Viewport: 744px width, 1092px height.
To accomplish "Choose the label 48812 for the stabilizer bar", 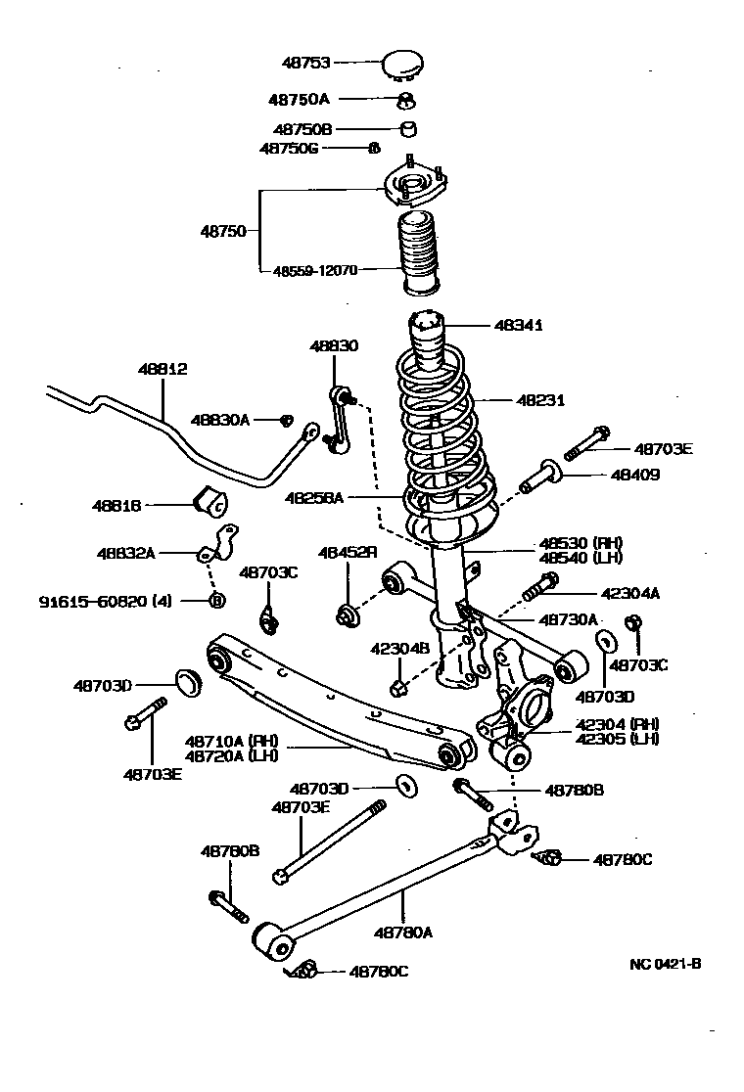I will tap(162, 369).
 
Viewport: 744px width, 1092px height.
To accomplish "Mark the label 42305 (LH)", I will tap(617, 739).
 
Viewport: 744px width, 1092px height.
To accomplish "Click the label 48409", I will tap(635, 476).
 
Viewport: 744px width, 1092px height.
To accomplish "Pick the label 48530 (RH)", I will tap(581, 542).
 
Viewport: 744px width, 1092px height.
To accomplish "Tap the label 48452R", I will tap(348, 552).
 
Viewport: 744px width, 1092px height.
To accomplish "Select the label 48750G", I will tap(290, 148).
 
